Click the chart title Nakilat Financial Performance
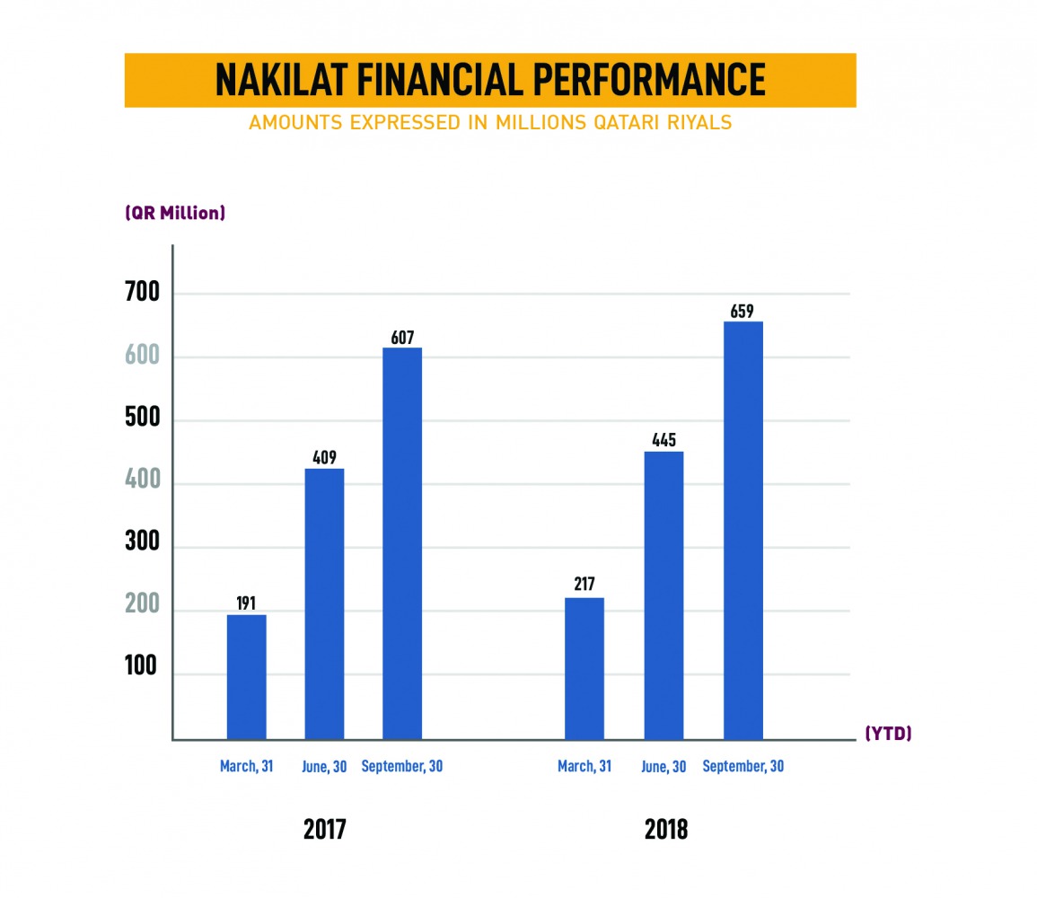pyautogui.click(x=490, y=80)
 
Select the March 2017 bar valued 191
pyautogui.click(x=246, y=677)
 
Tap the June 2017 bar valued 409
pyautogui.click(x=324, y=603)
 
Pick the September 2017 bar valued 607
pyautogui.click(x=402, y=543)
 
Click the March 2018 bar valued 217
pyautogui.click(x=584, y=668)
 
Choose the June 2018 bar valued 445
pyautogui.click(x=664, y=595)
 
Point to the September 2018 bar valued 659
pyautogui.click(x=743, y=530)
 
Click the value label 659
pyautogui.click(x=743, y=312)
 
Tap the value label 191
pyautogui.click(x=246, y=603)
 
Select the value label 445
pyautogui.click(x=664, y=441)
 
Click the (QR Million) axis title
pyautogui.click(x=174, y=214)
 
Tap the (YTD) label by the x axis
pyautogui.click(x=888, y=734)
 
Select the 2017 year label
pyautogui.click(x=324, y=829)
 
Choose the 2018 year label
pyautogui.click(x=665, y=829)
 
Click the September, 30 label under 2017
pyautogui.click(x=402, y=767)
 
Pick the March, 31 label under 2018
pyautogui.click(x=584, y=767)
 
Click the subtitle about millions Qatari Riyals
pyautogui.click(x=490, y=122)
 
